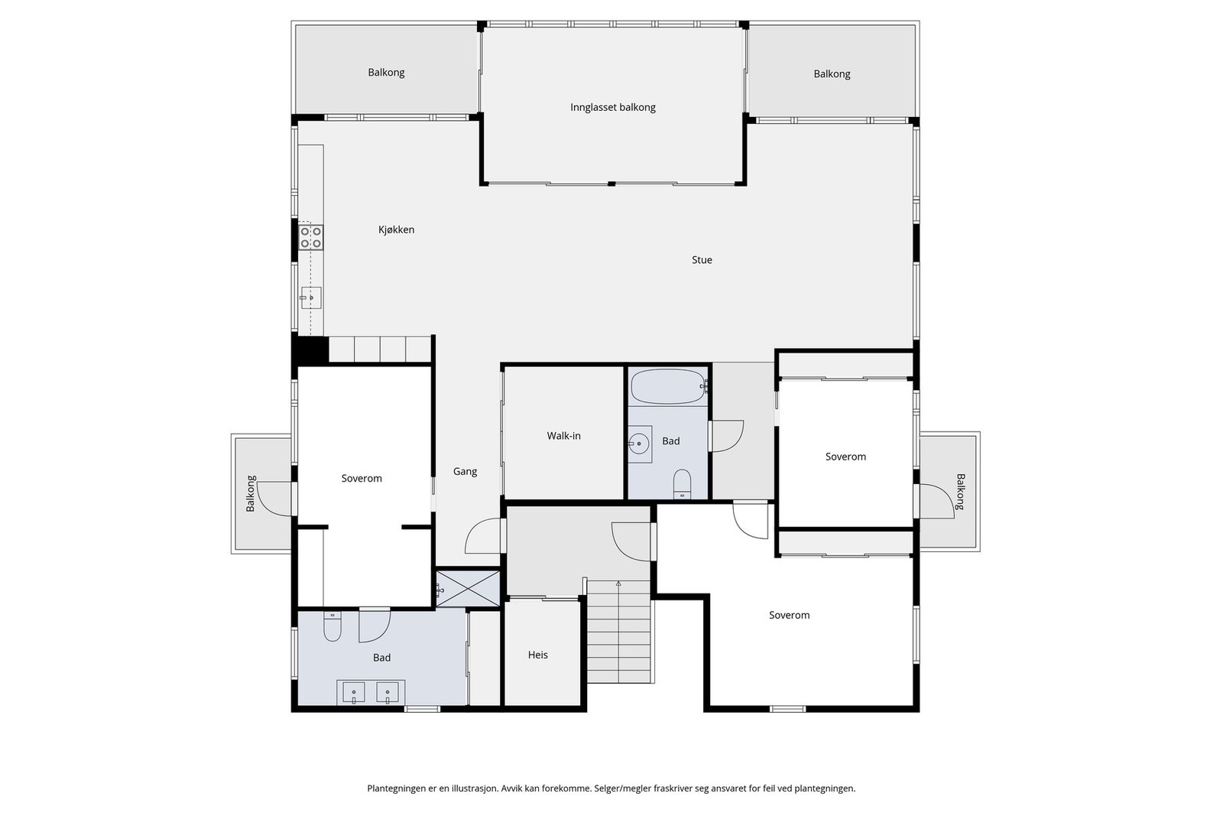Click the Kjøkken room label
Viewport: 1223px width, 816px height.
pyautogui.click(x=397, y=230)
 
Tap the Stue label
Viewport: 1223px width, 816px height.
pyautogui.click(x=702, y=260)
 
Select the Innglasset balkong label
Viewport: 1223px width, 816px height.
pyautogui.click(x=612, y=108)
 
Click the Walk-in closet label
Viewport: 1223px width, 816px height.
pyautogui.click(x=563, y=436)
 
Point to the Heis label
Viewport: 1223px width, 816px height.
pyautogui.click(x=538, y=655)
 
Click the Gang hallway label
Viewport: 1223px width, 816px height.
pyautogui.click(x=466, y=471)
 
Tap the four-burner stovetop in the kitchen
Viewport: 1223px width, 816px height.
pyautogui.click(x=310, y=238)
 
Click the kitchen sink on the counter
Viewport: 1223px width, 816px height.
pyautogui.click(x=310, y=297)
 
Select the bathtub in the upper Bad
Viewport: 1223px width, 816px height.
pyautogui.click(x=668, y=386)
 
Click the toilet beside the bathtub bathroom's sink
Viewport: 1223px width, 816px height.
pyautogui.click(x=682, y=484)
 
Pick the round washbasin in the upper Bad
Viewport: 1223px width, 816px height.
pyautogui.click(x=639, y=444)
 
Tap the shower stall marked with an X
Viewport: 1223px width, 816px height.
pyautogui.click(x=468, y=588)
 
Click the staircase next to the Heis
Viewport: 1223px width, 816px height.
pyautogui.click(x=619, y=632)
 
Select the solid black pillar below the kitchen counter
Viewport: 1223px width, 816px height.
pyautogui.click(x=310, y=350)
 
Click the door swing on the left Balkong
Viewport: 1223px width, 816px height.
pyautogui.click(x=274, y=499)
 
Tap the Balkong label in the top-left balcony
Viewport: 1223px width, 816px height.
pyautogui.click(x=386, y=73)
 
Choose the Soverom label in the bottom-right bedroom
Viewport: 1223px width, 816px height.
pyautogui.click(x=789, y=615)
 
